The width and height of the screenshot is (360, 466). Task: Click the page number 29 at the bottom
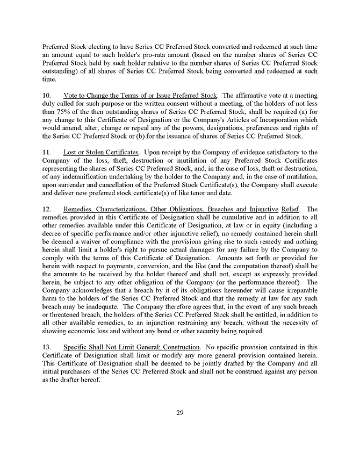click(x=180, y=412)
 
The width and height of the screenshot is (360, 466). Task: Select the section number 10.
click(x=46, y=95)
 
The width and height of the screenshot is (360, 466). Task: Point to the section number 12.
click(x=46, y=209)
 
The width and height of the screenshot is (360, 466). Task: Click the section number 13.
click(x=46, y=347)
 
